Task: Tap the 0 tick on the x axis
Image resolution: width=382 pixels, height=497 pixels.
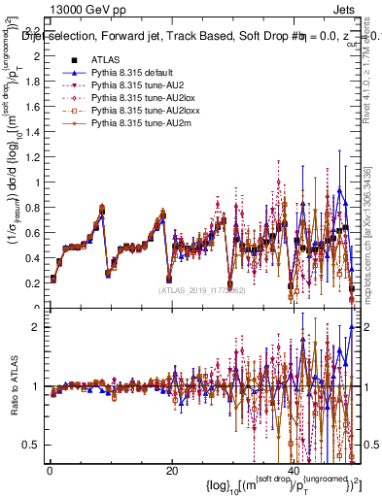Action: tap(48, 472)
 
